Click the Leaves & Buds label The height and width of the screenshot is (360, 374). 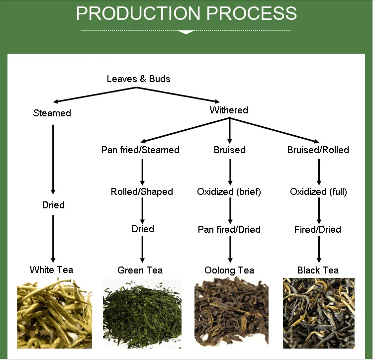coord(138,79)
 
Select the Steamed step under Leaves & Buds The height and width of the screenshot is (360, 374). coord(52,113)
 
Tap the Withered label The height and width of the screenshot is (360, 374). coord(229,110)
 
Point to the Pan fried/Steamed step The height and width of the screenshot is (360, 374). coord(140,150)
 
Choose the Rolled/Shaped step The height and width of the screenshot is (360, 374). coord(142,191)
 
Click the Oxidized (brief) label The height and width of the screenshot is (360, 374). coord(229,191)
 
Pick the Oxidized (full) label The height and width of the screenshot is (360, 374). coord(318,191)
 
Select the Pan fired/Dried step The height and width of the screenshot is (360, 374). coord(229,229)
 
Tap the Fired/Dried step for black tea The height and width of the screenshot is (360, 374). coord(318,229)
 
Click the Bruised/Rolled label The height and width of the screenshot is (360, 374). coord(318,150)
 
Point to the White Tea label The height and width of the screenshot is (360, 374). coord(51,270)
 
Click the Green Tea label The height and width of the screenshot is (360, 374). coord(140,270)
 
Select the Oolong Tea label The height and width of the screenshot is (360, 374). coord(229,270)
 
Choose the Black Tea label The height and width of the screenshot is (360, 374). coord(318,270)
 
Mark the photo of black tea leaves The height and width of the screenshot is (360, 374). coord(319,313)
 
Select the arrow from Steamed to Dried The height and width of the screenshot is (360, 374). coord(53,159)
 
